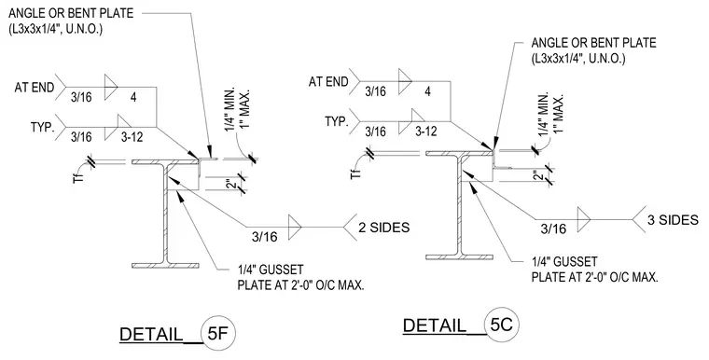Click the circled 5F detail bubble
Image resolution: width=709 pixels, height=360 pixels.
pyautogui.click(x=218, y=334)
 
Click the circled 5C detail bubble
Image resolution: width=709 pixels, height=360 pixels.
pyautogui.click(x=502, y=325)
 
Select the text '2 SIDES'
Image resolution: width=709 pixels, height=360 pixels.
pyautogui.click(x=384, y=227)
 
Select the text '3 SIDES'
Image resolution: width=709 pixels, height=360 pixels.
pyautogui.click(x=673, y=220)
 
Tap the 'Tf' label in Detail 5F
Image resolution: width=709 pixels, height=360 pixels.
pyautogui.click(x=78, y=175)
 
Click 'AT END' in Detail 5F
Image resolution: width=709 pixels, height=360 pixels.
pyautogui.click(x=35, y=87)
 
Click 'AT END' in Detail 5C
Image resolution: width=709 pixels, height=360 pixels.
pyautogui.click(x=328, y=82)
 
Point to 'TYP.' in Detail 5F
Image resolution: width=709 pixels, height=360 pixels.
pyautogui.click(x=42, y=127)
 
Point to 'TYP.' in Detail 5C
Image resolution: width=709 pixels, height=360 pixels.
pyautogui.click(x=337, y=121)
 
